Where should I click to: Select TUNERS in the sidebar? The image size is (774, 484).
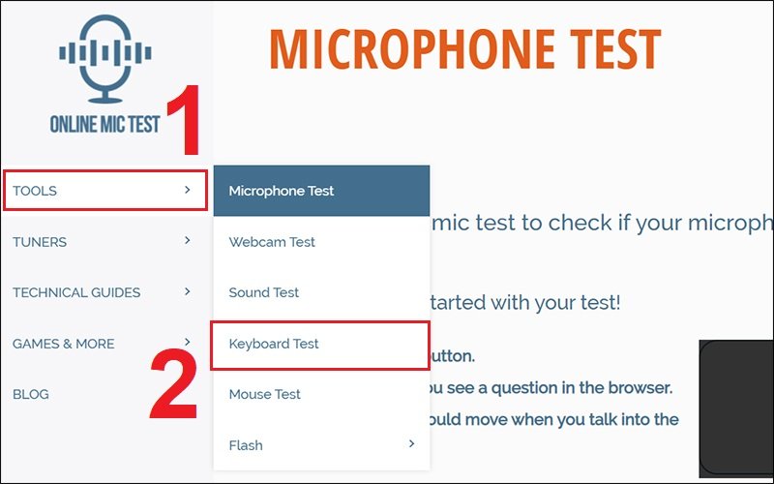tap(40, 242)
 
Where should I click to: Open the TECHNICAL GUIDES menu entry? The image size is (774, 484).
tap(76, 292)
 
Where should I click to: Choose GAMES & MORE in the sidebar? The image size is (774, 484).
tap(63, 344)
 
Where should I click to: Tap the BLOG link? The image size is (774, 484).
tap(31, 394)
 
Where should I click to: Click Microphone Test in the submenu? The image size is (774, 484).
tap(282, 191)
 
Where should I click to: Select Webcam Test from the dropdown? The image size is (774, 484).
tap(272, 242)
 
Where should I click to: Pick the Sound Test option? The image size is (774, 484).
tap(264, 292)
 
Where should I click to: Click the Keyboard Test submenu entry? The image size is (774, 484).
tap(274, 344)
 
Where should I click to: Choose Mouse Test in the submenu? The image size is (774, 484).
tap(264, 394)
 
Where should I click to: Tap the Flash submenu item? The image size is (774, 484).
tap(246, 445)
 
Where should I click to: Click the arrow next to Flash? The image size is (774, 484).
tap(411, 444)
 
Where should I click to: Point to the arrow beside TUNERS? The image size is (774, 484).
tap(187, 241)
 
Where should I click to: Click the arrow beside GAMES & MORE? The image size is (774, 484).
tap(187, 343)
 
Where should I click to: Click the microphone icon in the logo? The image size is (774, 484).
tap(104, 63)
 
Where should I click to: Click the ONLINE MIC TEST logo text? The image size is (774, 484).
tap(104, 124)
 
